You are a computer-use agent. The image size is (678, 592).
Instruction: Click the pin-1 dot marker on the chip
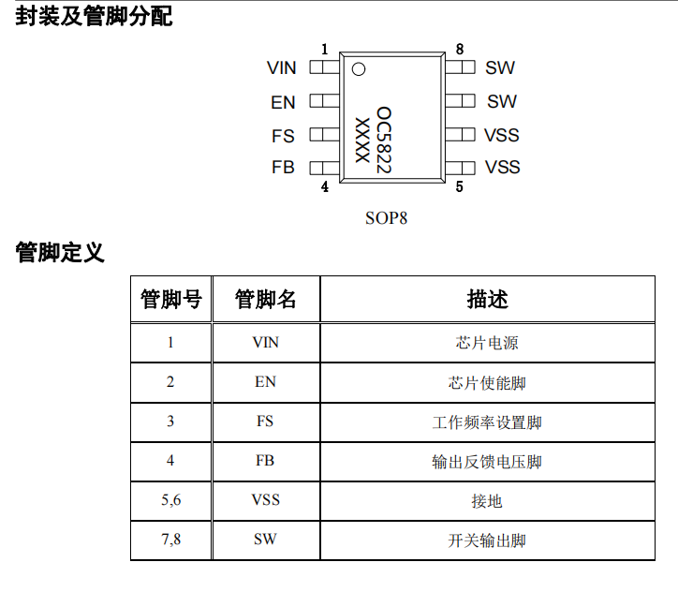tap(359, 69)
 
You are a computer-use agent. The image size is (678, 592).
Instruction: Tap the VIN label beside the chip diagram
tap(282, 67)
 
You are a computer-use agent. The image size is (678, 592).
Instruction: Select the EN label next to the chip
tap(283, 102)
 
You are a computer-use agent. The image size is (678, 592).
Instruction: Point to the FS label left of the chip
tap(283, 136)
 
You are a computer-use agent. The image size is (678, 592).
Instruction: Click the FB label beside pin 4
tap(283, 168)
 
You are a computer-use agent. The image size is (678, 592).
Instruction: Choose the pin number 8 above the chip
tap(460, 50)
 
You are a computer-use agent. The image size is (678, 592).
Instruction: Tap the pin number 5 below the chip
tap(459, 186)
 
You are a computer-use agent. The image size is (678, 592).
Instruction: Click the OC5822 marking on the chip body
tap(384, 141)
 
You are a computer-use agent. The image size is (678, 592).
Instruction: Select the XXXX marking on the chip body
tap(362, 141)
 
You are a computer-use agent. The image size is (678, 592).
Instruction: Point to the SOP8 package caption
tap(386, 218)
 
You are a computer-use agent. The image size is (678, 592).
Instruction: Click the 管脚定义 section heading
tap(60, 253)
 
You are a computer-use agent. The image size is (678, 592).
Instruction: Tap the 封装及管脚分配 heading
tap(94, 17)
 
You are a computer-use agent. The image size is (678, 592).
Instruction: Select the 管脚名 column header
tap(266, 299)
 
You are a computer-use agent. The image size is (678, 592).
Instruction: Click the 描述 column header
tap(487, 299)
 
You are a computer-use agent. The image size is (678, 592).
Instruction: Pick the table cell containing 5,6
tap(170, 500)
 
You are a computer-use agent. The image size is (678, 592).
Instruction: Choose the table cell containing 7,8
tap(170, 540)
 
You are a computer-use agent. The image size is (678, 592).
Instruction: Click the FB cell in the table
tap(266, 461)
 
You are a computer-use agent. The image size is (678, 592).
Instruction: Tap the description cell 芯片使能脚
tap(487, 383)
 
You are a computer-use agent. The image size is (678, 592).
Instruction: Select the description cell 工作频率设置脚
tap(487, 422)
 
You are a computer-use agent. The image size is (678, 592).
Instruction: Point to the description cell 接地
tap(487, 501)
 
